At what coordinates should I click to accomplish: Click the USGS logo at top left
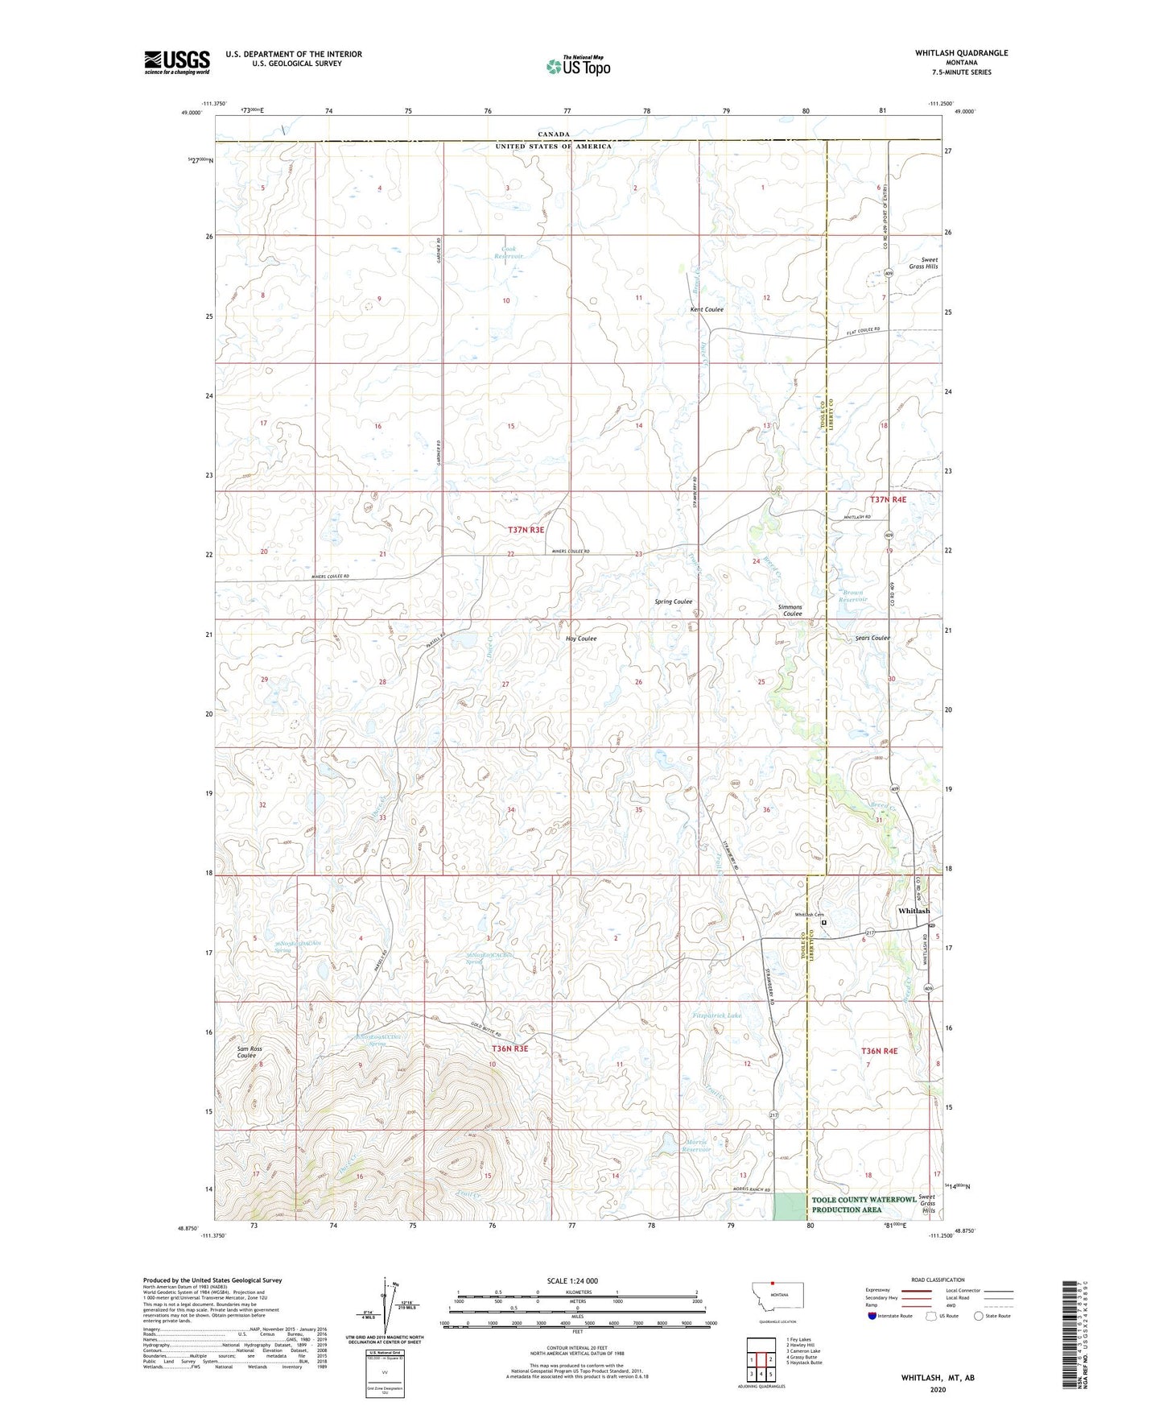(x=176, y=62)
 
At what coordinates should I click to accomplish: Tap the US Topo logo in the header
(x=578, y=66)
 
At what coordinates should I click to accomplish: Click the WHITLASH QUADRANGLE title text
(x=960, y=53)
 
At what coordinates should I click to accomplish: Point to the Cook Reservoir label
(x=508, y=253)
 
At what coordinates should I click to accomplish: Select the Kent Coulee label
(x=707, y=309)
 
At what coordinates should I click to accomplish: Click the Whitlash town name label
(x=913, y=911)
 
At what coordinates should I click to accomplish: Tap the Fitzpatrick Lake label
(x=717, y=1015)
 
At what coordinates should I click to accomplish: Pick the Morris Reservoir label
(x=696, y=1146)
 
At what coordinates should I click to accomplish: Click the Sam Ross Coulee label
(x=250, y=1052)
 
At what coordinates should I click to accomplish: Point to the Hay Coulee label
(x=581, y=639)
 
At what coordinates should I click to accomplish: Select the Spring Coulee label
(x=673, y=602)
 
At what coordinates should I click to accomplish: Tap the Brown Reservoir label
(x=853, y=596)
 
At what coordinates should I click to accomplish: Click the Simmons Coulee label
(x=790, y=610)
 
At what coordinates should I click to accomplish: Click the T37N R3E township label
(x=526, y=530)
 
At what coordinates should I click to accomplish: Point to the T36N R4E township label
(x=879, y=1051)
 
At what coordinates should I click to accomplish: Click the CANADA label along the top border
(x=554, y=134)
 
